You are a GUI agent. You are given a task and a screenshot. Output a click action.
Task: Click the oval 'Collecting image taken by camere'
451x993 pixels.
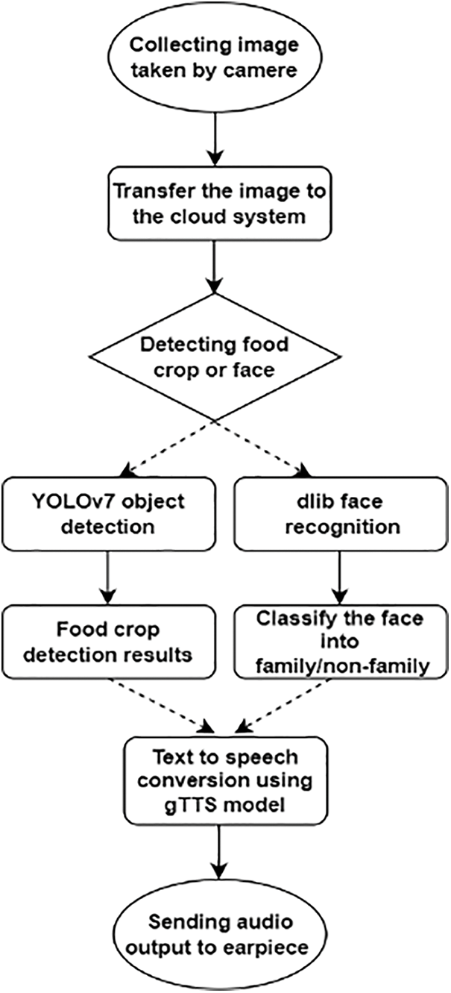tap(213, 56)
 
